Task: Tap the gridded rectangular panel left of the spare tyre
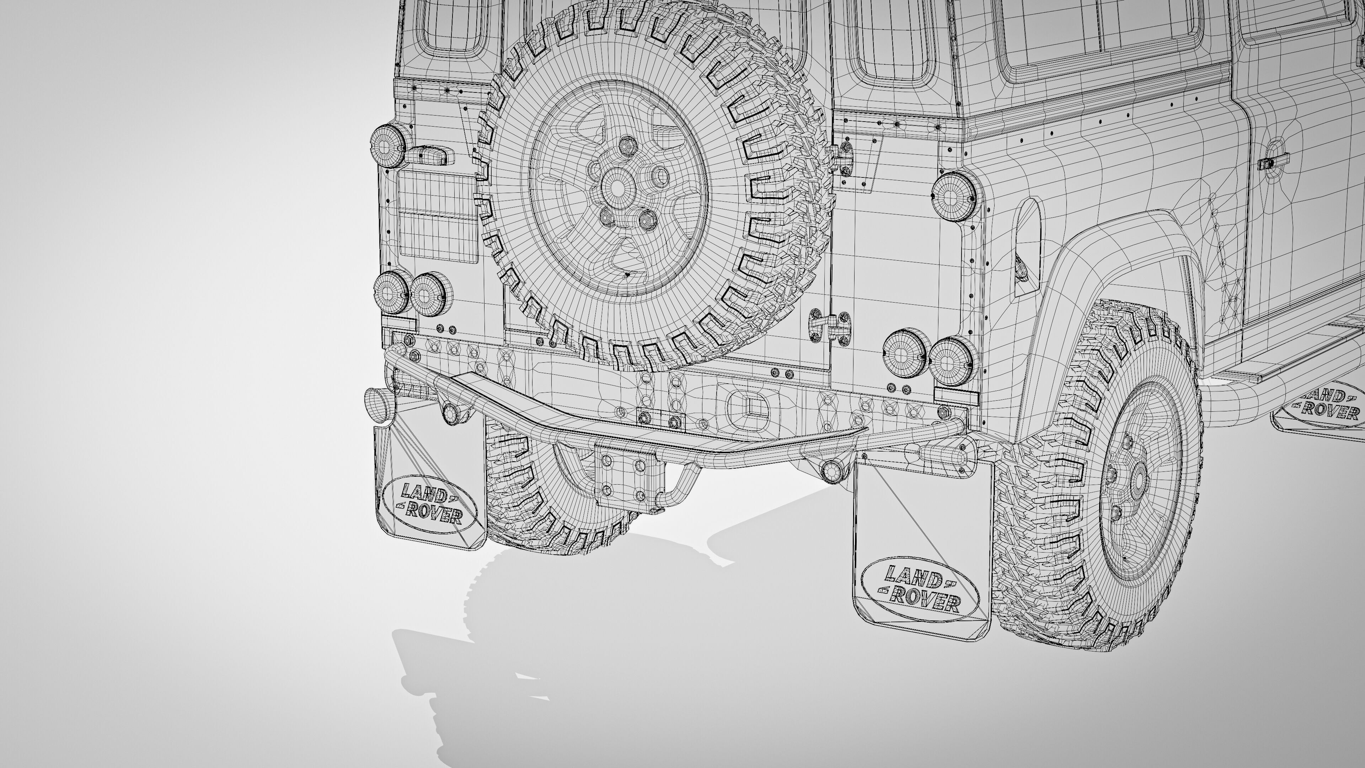[437, 216]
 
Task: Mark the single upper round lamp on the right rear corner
[954, 197]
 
